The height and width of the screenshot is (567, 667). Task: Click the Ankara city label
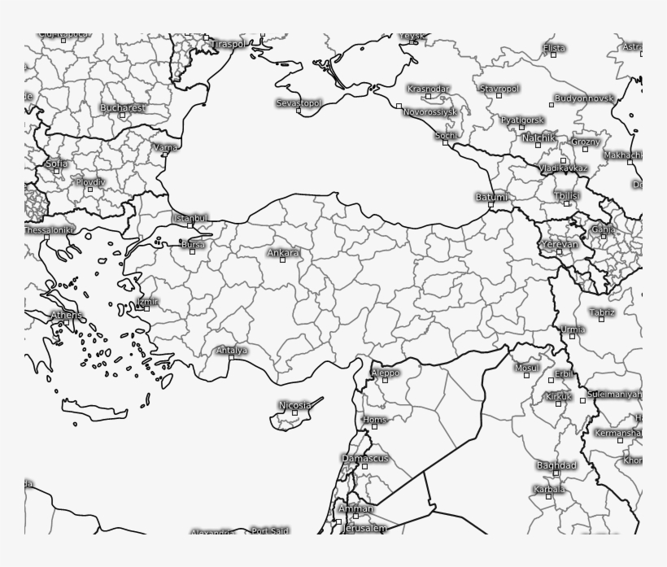click(x=283, y=253)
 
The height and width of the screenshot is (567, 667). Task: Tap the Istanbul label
click(x=190, y=218)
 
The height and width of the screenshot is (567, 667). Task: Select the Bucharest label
click(x=123, y=107)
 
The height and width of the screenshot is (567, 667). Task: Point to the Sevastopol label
click(x=299, y=103)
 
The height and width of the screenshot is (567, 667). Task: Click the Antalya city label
click(x=231, y=351)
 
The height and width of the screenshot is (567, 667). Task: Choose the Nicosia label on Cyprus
click(x=294, y=404)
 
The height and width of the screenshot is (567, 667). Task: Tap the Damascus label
click(x=364, y=458)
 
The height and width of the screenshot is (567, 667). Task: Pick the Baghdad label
click(x=556, y=465)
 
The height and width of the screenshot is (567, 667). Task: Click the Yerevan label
click(x=560, y=244)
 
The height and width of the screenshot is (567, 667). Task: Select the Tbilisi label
click(x=566, y=196)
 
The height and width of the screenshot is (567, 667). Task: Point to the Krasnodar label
click(x=428, y=88)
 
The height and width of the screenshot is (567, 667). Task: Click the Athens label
click(x=67, y=315)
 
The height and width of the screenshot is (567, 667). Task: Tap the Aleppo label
click(x=385, y=373)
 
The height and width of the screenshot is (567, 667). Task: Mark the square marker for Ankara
click(x=283, y=260)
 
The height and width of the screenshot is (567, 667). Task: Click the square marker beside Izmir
click(x=146, y=308)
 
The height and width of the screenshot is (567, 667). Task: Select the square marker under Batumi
click(x=490, y=204)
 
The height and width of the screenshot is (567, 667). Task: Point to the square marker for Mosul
click(x=526, y=376)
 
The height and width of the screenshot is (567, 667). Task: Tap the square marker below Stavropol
click(x=499, y=95)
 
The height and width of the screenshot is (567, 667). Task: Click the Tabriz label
click(x=602, y=312)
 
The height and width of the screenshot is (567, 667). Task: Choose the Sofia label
click(x=56, y=164)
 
